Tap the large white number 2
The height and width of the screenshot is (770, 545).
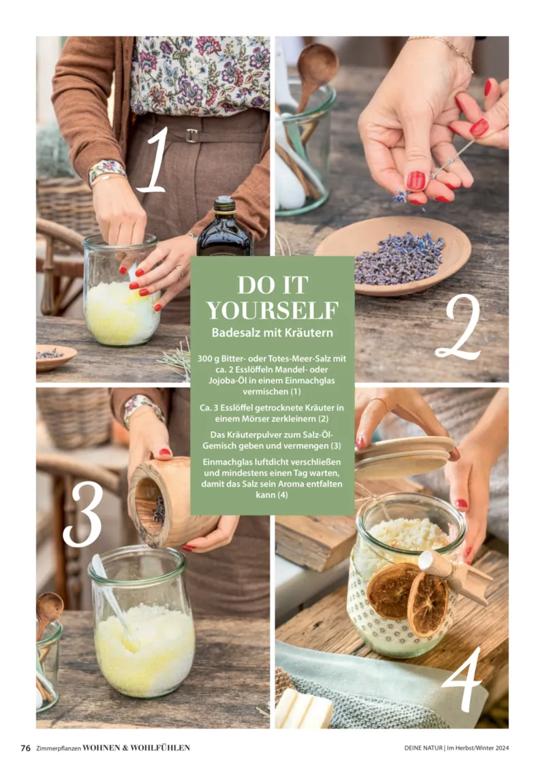(458, 327)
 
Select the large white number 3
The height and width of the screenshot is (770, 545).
(83, 513)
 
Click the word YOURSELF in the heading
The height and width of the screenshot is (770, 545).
(272, 311)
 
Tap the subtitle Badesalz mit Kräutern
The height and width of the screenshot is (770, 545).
(272, 333)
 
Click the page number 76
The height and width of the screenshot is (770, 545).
(26, 748)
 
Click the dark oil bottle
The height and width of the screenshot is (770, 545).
(225, 227)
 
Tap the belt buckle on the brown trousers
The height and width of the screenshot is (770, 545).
(191, 135)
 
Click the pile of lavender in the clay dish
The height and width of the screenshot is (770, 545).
(399, 257)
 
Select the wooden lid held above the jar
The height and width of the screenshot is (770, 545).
(405, 457)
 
